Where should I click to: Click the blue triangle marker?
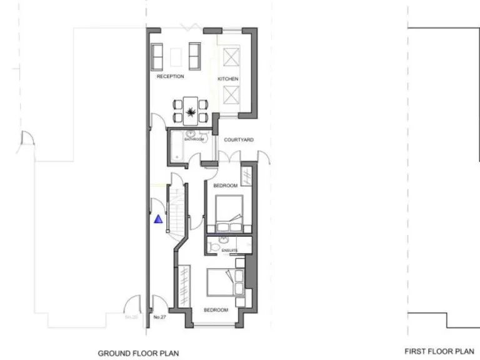pos(159,219)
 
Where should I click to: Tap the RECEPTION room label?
pos(170,77)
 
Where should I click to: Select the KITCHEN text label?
pos(228,79)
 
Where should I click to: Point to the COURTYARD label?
pos(239,140)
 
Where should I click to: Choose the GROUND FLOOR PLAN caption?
pos(138,353)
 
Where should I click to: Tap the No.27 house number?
pos(159,318)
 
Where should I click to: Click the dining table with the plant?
pos(189,110)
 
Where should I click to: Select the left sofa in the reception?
pos(158,54)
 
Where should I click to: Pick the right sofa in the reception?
pos(194,54)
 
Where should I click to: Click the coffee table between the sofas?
pos(176,57)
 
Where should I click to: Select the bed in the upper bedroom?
pos(227,212)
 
